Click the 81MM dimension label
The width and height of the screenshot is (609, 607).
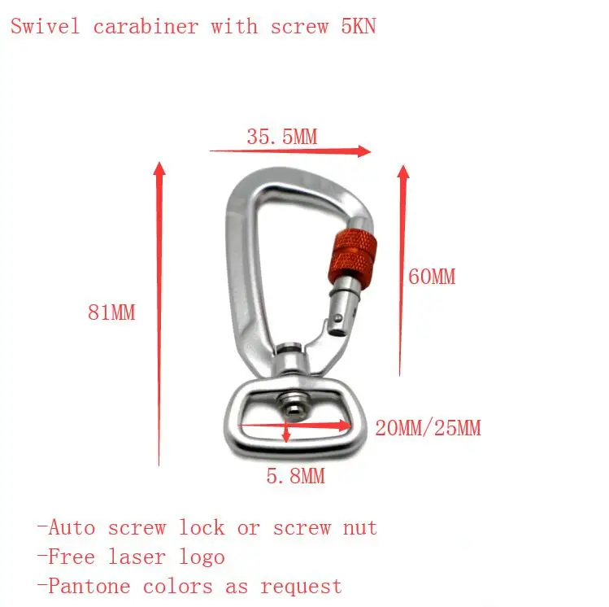111,312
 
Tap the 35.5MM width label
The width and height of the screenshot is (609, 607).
281,137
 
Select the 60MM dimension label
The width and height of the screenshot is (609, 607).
432,277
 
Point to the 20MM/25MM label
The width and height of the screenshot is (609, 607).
428,427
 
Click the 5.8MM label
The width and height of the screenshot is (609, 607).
295,476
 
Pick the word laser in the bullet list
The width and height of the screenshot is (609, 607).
141,557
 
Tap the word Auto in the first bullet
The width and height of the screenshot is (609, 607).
72,527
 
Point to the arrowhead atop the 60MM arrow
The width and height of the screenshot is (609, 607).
402,172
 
